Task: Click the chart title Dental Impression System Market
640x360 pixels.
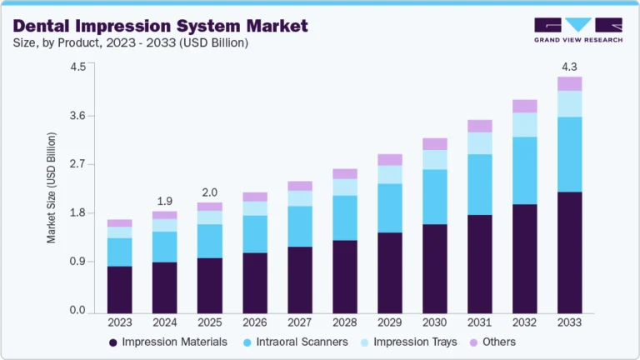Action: [161, 26]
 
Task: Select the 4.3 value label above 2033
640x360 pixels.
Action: [570, 66]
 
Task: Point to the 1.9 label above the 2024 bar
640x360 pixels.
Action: [164, 201]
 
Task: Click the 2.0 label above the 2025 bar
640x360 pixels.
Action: [210, 192]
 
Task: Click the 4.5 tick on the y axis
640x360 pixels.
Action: [77, 67]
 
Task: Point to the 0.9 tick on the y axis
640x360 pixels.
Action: [77, 262]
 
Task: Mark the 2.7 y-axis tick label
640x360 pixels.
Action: [77, 164]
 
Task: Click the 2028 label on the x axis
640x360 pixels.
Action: [345, 322]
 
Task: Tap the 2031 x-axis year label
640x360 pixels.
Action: [479, 322]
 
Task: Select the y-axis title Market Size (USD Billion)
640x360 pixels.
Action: [52, 187]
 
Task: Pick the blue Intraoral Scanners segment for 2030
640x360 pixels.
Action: [435, 197]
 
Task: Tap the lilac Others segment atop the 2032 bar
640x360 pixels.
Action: [525, 106]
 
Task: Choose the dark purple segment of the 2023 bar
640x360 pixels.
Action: [119, 289]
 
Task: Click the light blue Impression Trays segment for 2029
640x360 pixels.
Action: [390, 174]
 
